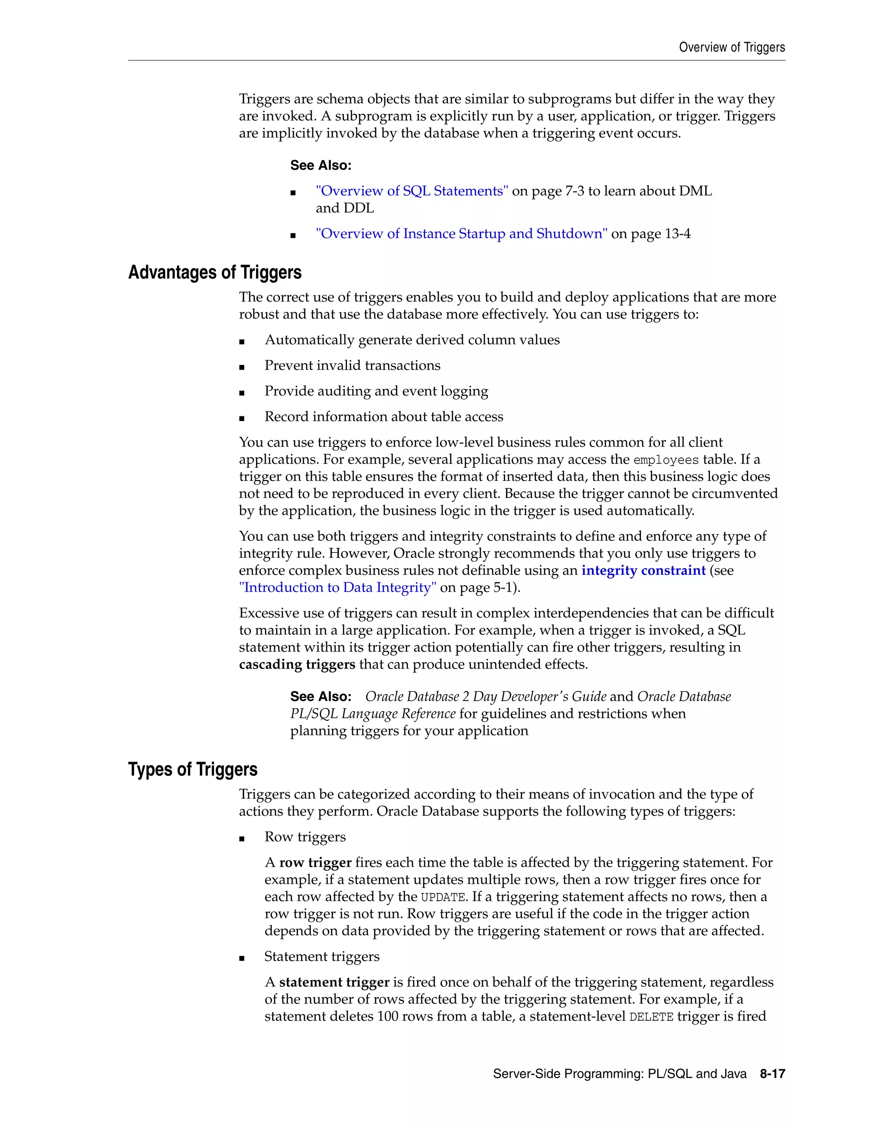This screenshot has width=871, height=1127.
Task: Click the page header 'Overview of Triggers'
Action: (x=731, y=48)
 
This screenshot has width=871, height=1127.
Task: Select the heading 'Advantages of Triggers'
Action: (x=215, y=273)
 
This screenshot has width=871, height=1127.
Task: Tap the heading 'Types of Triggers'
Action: (x=193, y=769)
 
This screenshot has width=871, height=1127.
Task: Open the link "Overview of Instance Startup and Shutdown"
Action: (x=461, y=234)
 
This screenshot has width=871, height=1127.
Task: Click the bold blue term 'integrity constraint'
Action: (x=643, y=570)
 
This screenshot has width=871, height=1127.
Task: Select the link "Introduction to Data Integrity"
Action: (x=337, y=588)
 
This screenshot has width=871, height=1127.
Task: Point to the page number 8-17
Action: (x=772, y=1074)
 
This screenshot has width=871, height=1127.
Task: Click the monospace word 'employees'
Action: (x=666, y=460)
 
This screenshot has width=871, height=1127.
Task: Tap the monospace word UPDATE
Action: (x=443, y=897)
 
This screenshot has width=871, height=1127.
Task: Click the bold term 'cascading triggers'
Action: (x=297, y=664)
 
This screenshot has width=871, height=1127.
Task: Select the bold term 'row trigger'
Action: (x=315, y=863)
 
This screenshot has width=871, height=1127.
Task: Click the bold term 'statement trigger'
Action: (x=334, y=982)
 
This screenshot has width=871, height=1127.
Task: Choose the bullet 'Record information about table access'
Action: (x=383, y=417)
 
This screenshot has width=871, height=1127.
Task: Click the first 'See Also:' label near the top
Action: (x=320, y=165)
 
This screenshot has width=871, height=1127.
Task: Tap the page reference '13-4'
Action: (x=677, y=234)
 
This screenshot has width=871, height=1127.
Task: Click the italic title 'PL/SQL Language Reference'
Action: (x=373, y=714)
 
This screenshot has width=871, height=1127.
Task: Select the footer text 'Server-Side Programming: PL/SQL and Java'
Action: (x=619, y=1074)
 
